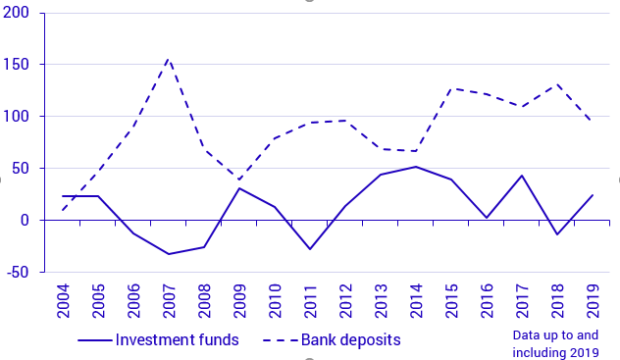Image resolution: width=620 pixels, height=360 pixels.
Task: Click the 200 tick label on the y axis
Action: tap(18, 14)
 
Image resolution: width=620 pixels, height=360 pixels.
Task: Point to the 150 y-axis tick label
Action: tap(18, 65)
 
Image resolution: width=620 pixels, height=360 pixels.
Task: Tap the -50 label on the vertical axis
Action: tap(18, 272)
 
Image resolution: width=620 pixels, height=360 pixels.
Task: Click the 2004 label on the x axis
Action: tap(64, 299)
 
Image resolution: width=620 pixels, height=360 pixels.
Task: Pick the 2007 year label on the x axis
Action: tap(170, 299)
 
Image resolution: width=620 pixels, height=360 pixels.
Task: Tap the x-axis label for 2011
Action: tap(311, 299)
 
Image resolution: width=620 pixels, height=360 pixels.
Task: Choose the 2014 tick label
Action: tap(416, 299)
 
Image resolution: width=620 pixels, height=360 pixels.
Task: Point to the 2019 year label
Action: tap(593, 299)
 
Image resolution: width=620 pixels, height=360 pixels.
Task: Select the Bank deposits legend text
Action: tap(350, 340)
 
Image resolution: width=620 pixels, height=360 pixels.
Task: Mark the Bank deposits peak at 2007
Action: tap(169, 59)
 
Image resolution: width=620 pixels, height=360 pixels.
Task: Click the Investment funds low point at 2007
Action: tap(169, 254)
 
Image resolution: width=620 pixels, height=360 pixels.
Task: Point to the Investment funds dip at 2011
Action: tap(310, 249)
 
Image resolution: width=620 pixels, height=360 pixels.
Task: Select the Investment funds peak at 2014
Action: tap(416, 167)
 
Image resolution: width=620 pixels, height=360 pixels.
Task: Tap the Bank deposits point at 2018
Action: tap(557, 84)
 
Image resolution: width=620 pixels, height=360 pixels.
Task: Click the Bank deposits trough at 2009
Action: tap(239, 180)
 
